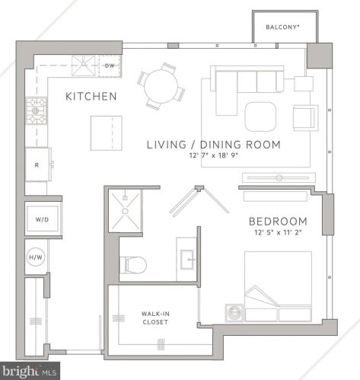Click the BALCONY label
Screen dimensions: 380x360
282,27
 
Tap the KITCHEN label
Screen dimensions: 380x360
91,97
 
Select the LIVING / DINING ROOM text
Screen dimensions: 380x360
213,144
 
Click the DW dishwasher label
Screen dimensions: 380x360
109,66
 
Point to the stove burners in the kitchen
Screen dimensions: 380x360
37,111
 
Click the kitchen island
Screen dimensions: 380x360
106,133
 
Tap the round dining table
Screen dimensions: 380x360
161,81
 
